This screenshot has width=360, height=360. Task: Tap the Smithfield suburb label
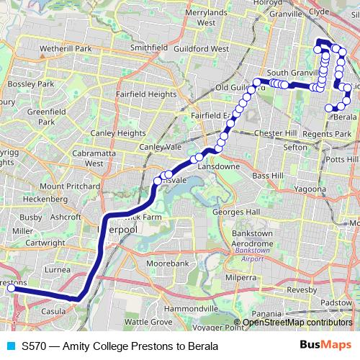click(x=148, y=48)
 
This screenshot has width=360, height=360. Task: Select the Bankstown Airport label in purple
click(x=252, y=258)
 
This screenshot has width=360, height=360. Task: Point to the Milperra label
click(x=241, y=276)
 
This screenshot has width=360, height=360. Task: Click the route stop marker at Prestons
click(x=12, y=288)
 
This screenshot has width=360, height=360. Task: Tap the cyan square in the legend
click(x=10, y=346)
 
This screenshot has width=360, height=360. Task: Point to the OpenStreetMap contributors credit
click(x=297, y=323)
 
